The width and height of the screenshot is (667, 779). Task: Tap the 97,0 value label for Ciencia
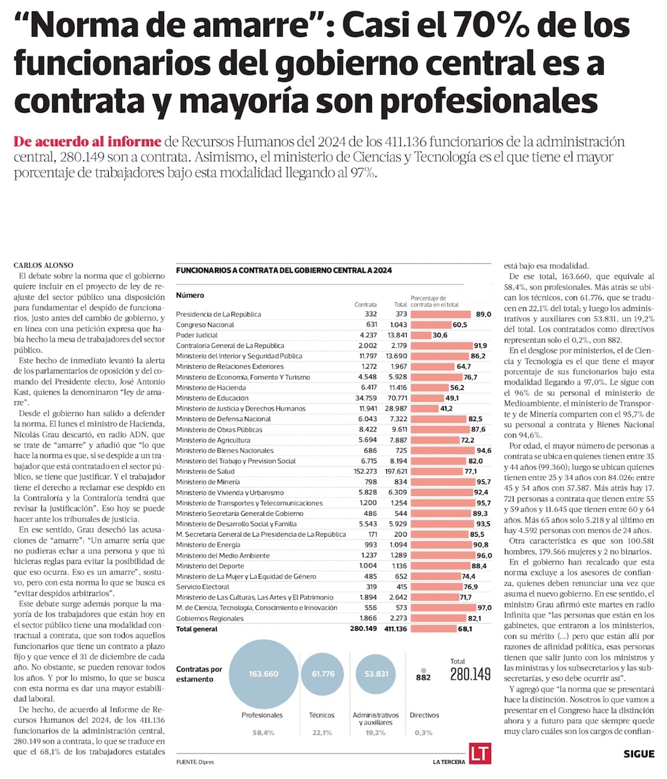[484, 608]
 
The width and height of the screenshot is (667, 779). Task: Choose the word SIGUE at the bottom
[638, 754]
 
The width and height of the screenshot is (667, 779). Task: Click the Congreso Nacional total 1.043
[397, 324]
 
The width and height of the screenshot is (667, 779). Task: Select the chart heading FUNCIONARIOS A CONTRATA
[283, 271]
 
